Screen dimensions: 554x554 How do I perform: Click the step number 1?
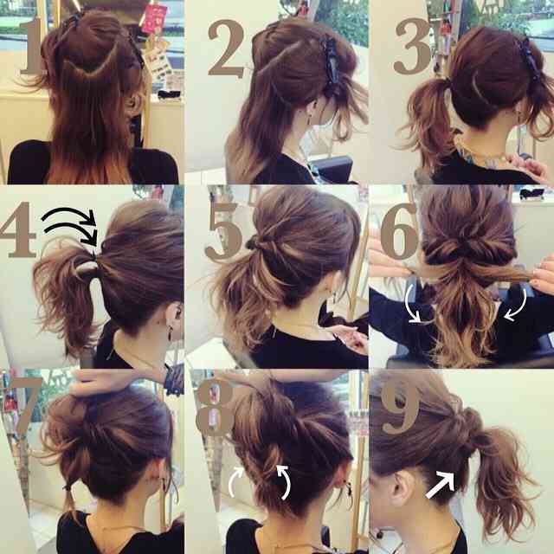coord(33,46)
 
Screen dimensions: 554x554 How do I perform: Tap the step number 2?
coord(226,48)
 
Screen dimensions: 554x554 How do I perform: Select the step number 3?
coord(413,46)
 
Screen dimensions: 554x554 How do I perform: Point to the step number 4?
coord(17,229)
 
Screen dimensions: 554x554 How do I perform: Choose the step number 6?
coord(399,231)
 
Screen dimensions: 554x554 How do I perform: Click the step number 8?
coord(215,407)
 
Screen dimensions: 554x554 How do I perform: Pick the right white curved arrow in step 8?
coord(287,481)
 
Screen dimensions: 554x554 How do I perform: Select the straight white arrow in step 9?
coord(441,485)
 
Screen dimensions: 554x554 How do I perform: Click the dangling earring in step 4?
coord(171,332)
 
